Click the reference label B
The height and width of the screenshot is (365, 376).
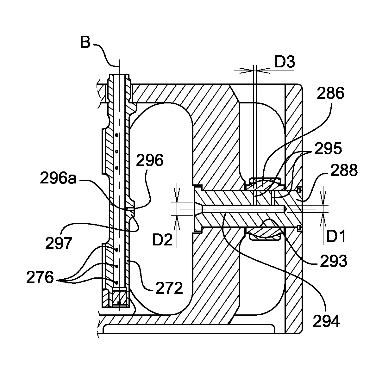pos(85,42)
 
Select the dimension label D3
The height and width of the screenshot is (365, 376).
pos(285,62)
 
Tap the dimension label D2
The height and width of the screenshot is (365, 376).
pos(162,239)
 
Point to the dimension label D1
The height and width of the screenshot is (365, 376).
pos(336,236)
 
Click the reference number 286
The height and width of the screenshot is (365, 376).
pos(330,93)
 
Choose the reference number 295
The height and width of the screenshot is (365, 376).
pos(328,149)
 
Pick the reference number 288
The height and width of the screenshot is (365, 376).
pos(344,170)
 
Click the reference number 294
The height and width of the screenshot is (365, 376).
pos(326,321)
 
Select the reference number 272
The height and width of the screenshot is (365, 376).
pos(169,288)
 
